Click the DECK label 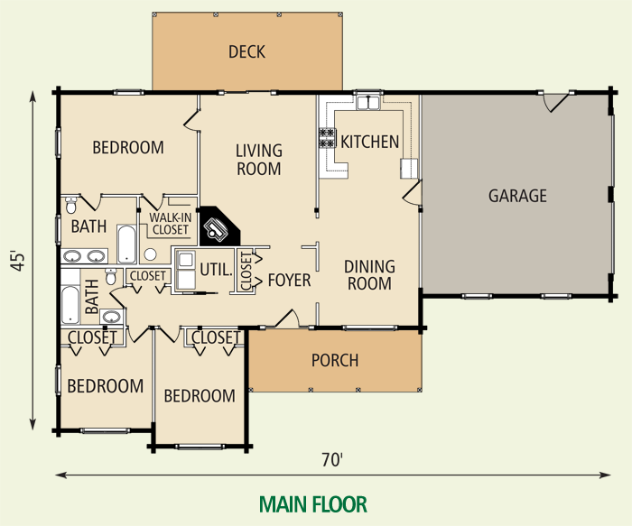[x=246, y=51]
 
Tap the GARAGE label [x=517, y=195]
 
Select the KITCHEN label [x=369, y=142]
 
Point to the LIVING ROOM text [x=259, y=160]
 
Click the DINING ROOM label [x=370, y=275]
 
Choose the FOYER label [x=289, y=281]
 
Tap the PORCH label [x=334, y=361]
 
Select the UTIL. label [x=218, y=269]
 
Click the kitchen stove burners [x=326, y=138]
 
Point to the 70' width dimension [x=332, y=460]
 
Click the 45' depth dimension [x=16, y=262]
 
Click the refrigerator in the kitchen [x=409, y=168]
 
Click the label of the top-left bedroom [x=128, y=147]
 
